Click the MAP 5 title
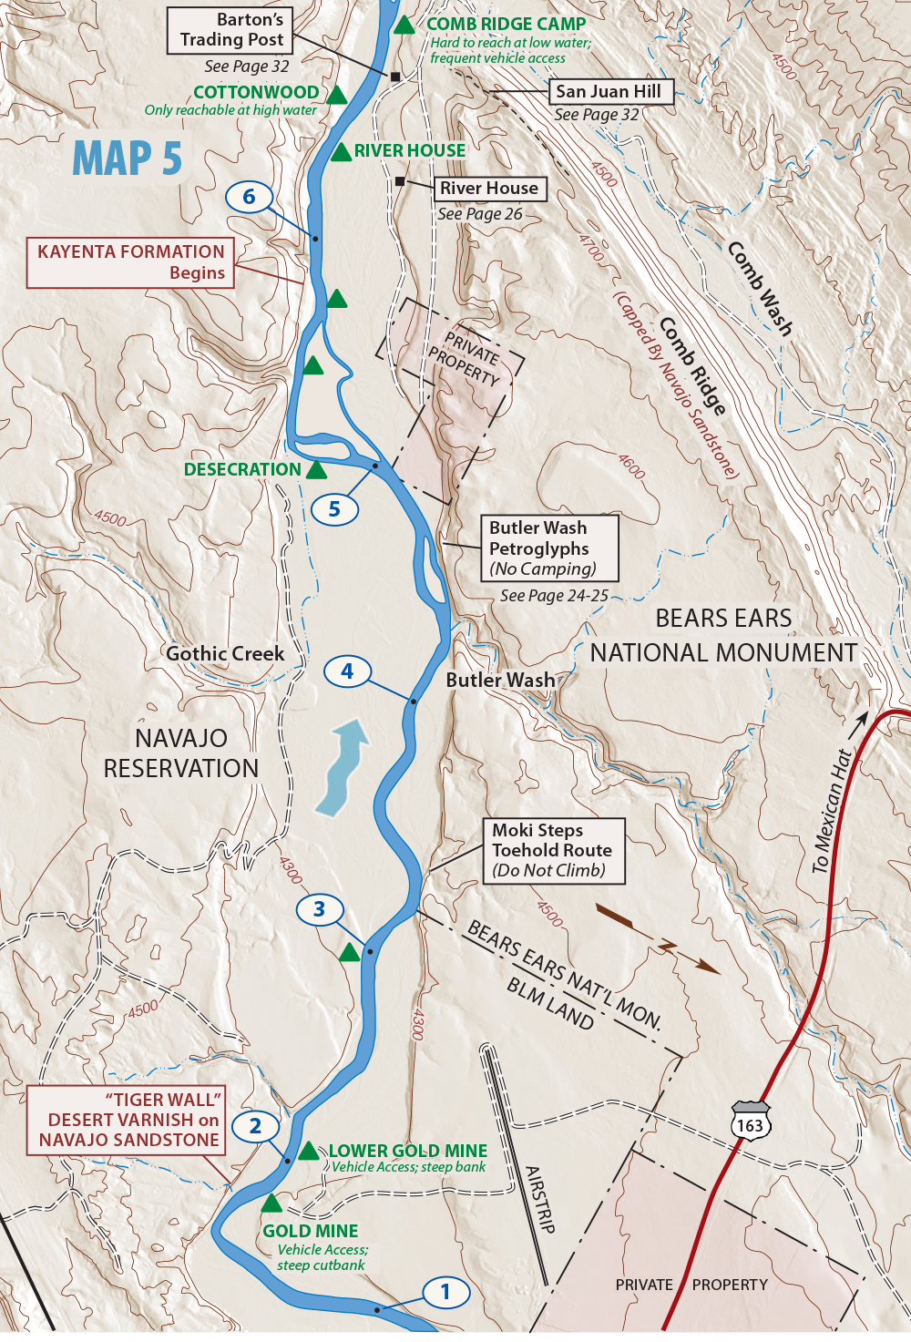(128, 159)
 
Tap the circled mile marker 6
(249, 197)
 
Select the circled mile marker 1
(445, 1292)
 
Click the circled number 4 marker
(347, 672)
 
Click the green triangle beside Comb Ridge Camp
(404, 25)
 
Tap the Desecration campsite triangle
(316, 471)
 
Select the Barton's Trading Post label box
(230, 30)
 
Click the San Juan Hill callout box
(610, 91)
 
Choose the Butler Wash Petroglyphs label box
(549, 548)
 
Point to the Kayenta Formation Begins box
(130, 262)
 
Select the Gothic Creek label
(225, 653)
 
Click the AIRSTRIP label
(539, 1199)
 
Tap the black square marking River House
(400, 182)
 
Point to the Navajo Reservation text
(180, 753)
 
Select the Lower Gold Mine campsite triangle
(308, 1151)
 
